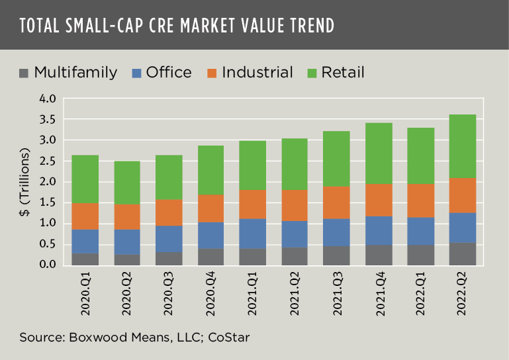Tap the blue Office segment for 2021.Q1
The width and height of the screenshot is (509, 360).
click(253, 234)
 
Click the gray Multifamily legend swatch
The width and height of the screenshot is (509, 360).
click(26, 73)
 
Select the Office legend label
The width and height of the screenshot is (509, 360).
click(169, 73)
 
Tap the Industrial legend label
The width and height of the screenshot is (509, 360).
click(257, 73)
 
